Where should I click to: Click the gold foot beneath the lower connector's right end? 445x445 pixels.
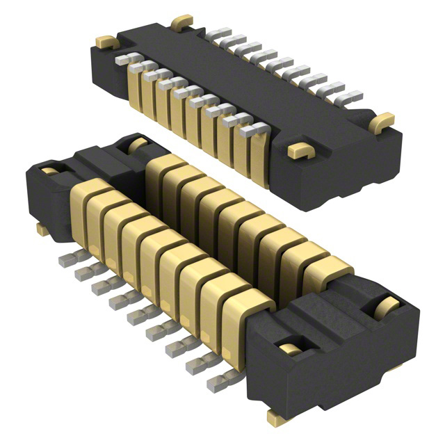pyautogui.click(x=275, y=417)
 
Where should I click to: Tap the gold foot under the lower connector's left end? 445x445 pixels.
pyautogui.click(x=42, y=228)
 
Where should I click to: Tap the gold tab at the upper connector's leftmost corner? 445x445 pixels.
pyautogui.click(x=106, y=42)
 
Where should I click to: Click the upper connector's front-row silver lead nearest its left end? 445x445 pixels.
pyautogui.click(x=122, y=60)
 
